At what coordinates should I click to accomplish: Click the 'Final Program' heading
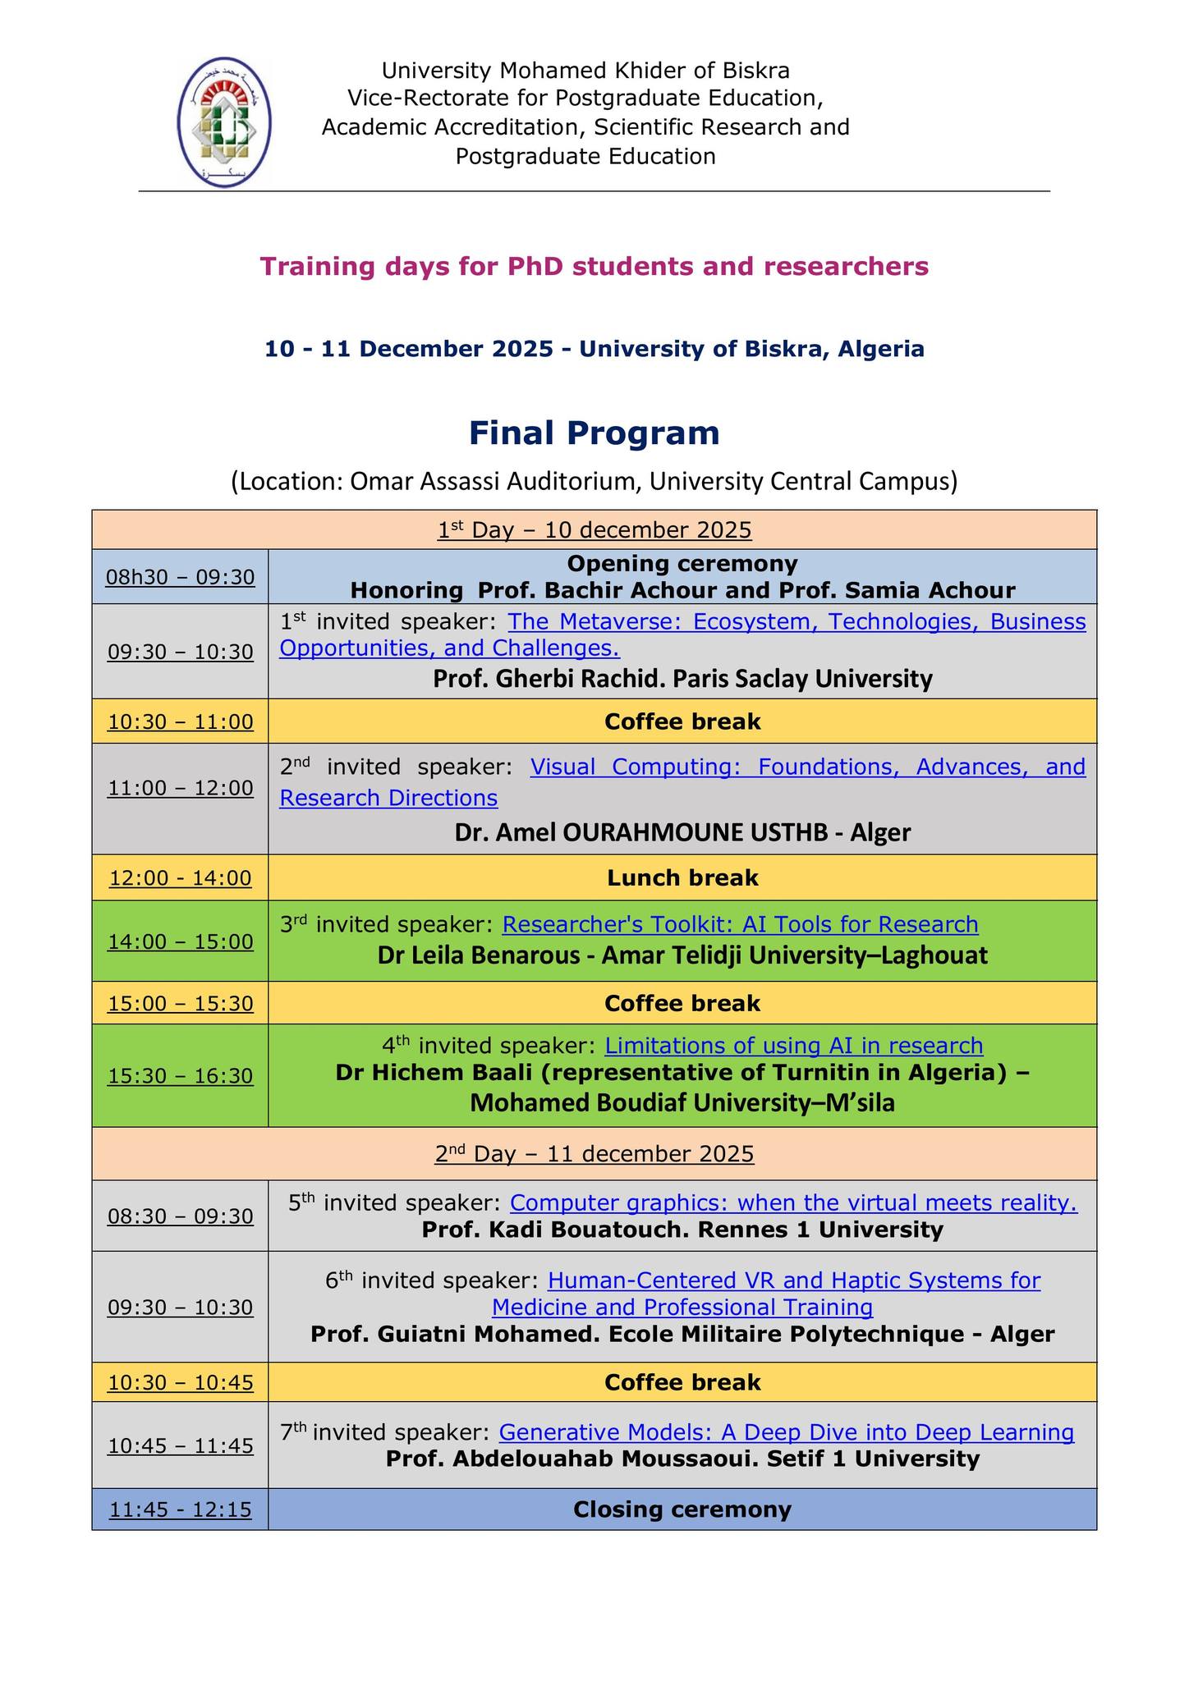594,433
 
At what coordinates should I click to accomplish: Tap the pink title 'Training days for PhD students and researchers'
594,267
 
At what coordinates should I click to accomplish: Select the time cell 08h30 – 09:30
180,577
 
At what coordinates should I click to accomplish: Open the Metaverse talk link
682,634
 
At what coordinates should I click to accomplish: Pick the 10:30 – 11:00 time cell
180,722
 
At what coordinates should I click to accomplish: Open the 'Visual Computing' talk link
682,781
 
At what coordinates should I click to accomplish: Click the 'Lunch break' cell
682,878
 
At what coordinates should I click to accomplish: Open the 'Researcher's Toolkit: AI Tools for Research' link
740,925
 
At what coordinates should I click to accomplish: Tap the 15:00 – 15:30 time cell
180,1004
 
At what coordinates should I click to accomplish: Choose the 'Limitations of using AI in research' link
793,1046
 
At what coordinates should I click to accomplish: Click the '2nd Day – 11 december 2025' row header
594,1154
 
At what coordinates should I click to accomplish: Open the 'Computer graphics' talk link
792,1203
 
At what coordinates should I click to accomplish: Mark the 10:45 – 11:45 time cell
180,1445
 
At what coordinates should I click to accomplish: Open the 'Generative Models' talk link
786,1432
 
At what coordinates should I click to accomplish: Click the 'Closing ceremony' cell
682,1509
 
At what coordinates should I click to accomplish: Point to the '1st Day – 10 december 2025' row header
594,530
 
